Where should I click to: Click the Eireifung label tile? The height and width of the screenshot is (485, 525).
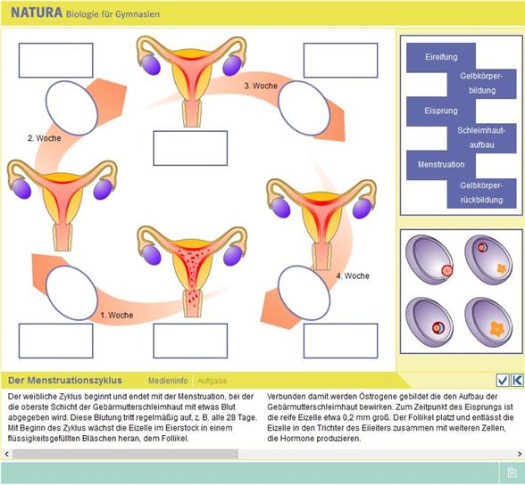441,57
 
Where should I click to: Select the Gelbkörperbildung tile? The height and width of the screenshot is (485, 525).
482,84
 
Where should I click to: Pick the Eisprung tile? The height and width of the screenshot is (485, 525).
441,111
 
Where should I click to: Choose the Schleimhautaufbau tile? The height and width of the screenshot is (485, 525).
482,137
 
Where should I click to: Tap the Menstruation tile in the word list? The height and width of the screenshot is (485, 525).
441,165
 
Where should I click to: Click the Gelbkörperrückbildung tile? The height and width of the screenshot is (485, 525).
482,193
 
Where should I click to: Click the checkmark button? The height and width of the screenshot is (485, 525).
503,380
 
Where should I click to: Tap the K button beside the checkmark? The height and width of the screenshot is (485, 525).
517,380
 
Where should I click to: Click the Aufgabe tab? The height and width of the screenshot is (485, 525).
212,381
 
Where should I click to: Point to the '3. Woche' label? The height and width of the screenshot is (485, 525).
261,86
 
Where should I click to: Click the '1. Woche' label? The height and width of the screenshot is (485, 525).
117,316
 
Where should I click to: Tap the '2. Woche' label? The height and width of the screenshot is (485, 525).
45,138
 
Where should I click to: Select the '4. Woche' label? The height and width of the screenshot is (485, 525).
353,276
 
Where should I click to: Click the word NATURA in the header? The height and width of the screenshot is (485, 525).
37,13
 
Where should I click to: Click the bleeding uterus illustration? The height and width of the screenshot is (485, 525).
193,271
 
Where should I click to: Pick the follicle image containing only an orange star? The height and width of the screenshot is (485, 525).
489,322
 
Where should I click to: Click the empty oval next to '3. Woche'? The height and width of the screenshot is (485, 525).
304,108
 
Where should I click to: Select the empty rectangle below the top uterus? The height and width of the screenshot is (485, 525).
190,148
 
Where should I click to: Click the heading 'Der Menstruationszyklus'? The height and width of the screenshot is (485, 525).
65,381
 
